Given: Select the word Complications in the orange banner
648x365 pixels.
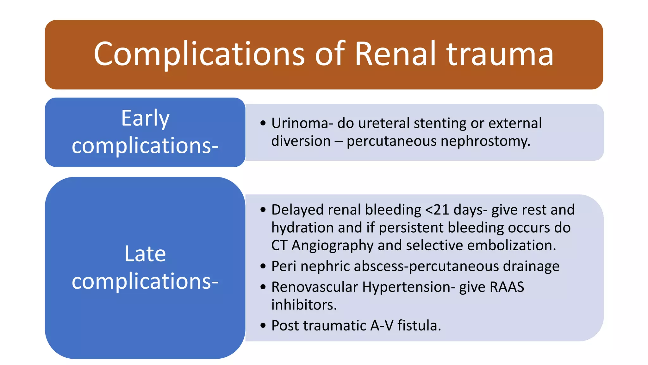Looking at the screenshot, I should pyautogui.click(x=199, y=54).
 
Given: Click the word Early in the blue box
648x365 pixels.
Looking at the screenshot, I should pyautogui.click(x=145, y=118).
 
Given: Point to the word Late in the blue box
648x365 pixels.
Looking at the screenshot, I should pyautogui.click(x=145, y=254).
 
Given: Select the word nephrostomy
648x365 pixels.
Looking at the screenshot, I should pyautogui.click(x=485, y=141).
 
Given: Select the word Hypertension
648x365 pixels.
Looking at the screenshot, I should pyautogui.click(x=408, y=287).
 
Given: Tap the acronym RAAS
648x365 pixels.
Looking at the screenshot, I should pyautogui.click(x=507, y=287).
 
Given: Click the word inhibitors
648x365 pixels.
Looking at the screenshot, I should pyautogui.click(x=304, y=305).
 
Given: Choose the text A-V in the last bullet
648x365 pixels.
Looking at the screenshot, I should pyautogui.click(x=382, y=326).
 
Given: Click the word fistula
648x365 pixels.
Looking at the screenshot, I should pyautogui.click(x=419, y=326).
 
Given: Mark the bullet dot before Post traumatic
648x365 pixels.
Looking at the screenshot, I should pyautogui.click(x=263, y=326).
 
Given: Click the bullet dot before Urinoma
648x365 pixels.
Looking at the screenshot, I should pyautogui.click(x=263, y=123).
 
